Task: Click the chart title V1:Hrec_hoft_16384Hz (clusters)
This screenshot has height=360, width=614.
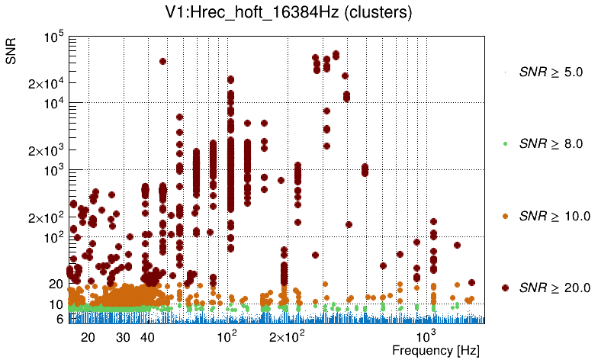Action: point(304,13)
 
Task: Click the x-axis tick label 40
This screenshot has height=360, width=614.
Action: point(148,336)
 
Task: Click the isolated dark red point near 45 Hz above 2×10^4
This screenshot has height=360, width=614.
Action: point(162,62)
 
